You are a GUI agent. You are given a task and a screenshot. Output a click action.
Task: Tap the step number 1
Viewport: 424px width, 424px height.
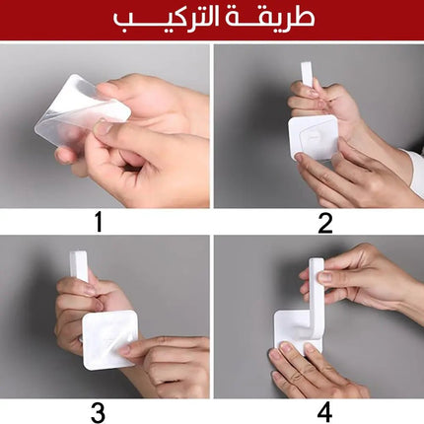[x=99, y=222]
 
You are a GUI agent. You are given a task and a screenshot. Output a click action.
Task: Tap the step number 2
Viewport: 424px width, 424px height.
[x=325, y=223]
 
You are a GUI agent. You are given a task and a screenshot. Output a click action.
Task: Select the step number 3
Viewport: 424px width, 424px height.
[x=98, y=412]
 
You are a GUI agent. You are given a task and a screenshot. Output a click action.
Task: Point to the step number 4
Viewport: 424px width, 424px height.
[x=324, y=412]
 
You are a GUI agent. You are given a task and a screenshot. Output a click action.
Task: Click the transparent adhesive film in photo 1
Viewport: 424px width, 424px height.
[x=81, y=110]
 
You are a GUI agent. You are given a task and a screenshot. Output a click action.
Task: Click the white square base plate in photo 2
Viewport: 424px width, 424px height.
[x=314, y=138]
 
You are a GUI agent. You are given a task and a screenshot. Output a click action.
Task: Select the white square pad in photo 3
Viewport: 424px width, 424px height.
[x=109, y=340]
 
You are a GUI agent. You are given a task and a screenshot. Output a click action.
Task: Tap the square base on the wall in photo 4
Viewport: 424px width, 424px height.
[x=296, y=332]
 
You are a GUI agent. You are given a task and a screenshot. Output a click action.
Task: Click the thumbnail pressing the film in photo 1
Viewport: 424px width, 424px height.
[x=103, y=127]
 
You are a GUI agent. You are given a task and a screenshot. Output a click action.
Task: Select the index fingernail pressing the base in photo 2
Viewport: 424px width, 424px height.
[x=299, y=158]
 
